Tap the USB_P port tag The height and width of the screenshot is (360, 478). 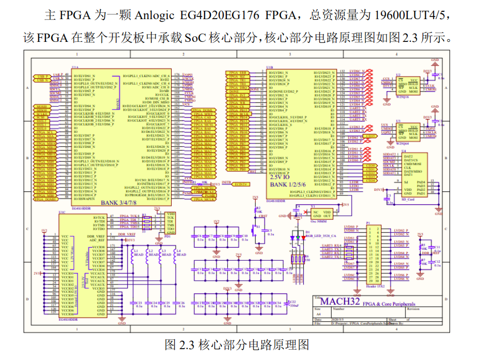(42, 76)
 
